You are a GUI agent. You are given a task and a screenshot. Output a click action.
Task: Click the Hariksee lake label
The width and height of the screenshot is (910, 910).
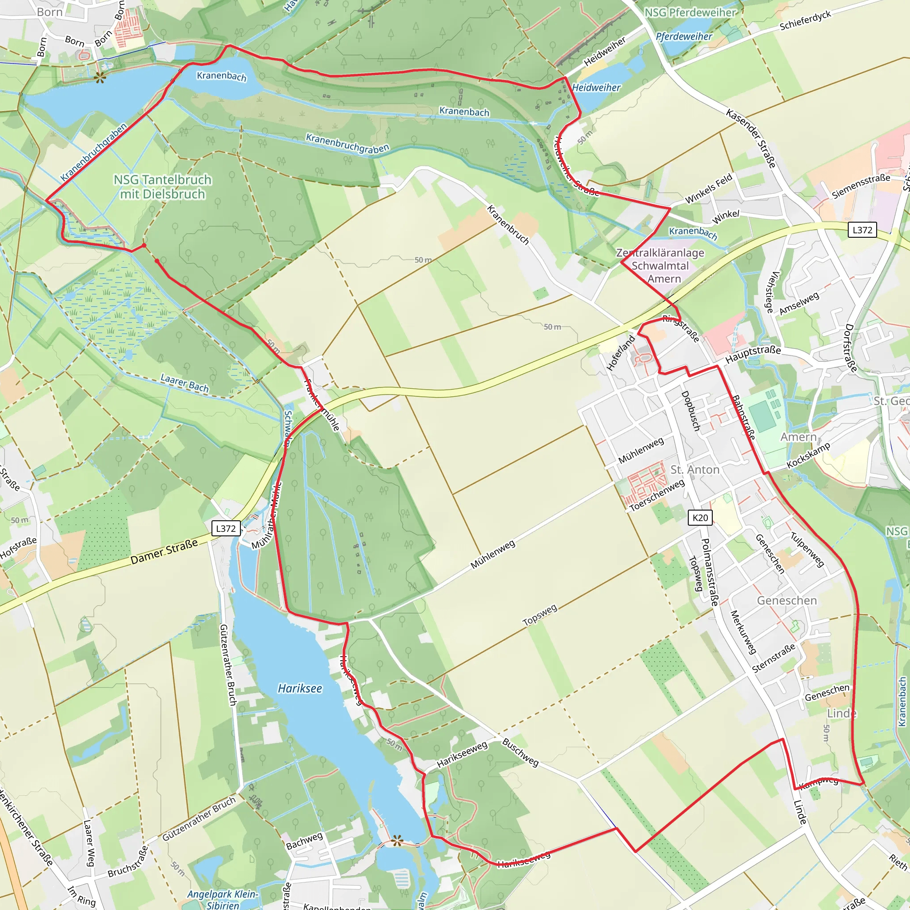(300, 689)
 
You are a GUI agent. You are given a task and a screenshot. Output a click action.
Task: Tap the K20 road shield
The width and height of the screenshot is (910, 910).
(700, 518)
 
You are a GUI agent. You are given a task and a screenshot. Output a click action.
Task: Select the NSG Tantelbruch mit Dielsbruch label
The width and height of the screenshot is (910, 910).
(163, 187)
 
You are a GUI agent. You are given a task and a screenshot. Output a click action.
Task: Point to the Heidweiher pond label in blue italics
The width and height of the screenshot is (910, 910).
(596, 88)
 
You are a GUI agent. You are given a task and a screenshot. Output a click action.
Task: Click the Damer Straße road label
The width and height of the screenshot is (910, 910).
(164, 551)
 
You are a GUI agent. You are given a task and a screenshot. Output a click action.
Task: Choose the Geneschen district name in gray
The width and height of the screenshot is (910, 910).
(787, 601)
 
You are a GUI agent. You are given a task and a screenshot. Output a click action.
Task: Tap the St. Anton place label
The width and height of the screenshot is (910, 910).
(695, 470)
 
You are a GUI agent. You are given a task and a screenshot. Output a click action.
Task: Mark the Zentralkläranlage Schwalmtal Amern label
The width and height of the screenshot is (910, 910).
(660, 266)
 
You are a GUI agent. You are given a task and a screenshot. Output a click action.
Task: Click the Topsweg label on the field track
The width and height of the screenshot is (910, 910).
(540, 615)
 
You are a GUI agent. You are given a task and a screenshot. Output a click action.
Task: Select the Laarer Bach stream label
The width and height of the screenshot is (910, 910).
(185, 383)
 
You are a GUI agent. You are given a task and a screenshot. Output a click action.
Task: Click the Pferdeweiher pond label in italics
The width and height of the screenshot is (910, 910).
(684, 36)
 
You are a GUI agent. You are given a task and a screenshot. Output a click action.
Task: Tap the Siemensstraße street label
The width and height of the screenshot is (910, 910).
(861, 186)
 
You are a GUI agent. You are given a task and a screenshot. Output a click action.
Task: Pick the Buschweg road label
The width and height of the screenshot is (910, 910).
(520, 752)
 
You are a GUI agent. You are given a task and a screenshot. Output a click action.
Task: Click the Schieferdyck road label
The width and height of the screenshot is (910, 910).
(806, 21)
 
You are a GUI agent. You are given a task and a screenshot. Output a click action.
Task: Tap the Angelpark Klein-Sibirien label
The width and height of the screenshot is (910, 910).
(222, 899)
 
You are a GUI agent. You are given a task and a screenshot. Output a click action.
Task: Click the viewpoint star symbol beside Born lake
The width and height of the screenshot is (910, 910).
(100, 78)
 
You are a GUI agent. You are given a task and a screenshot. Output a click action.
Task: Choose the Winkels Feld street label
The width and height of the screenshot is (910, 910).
(709, 189)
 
